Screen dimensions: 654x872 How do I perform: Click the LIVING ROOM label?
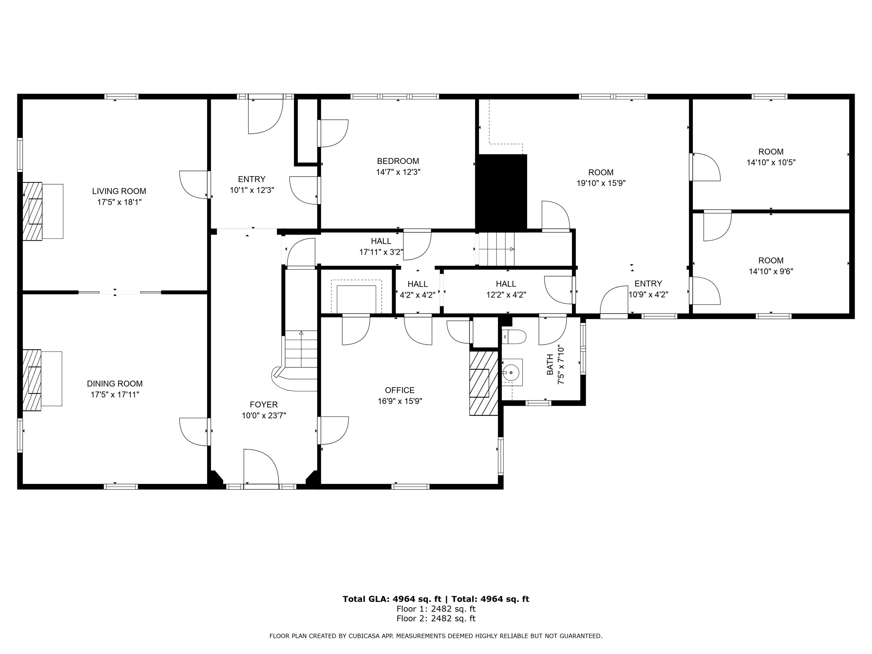tap(119, 191)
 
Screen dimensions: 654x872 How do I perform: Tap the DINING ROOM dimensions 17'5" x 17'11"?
tap(115, 395)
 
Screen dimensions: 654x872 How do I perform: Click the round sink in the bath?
tap(511, 372)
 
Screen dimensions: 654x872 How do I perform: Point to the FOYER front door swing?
tap(260, 466)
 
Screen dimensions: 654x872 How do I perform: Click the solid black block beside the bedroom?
tap(501, 192)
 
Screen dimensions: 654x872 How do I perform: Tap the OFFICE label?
tap(400, 390)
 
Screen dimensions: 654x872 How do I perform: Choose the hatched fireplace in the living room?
tap(32, 211)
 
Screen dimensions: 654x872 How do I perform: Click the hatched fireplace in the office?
tap(483, 383)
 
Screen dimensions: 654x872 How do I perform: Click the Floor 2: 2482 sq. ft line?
tap(436, 619)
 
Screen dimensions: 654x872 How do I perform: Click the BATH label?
tap(550, 365)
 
